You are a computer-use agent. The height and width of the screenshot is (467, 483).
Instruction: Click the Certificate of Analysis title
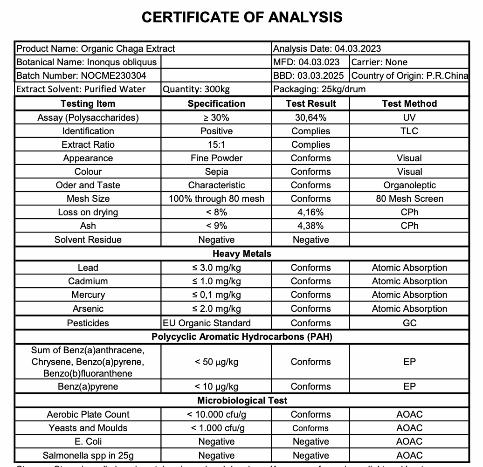point(242,17)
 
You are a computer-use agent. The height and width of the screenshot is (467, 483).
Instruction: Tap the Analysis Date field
point(327,48)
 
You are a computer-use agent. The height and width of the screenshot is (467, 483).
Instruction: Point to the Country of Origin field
point(410,76)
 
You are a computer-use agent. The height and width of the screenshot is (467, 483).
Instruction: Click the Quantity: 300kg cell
point(196,89)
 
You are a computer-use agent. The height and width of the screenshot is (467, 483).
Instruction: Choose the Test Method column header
point(409,103)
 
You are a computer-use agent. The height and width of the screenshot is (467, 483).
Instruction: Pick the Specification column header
point(216,103)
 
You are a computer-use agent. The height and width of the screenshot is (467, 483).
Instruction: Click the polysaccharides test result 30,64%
point(310,117)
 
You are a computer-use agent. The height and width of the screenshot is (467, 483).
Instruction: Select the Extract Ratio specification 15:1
point(216,144)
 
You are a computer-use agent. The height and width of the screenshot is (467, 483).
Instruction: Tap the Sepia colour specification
point(216,172)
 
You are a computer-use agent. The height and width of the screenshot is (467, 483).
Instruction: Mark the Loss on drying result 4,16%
point(310,212)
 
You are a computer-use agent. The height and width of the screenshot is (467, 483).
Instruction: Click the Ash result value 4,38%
point(310,226)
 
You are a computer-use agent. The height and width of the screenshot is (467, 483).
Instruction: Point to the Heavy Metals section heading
point(242,254)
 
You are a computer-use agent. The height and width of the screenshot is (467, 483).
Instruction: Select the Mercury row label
point(88,295)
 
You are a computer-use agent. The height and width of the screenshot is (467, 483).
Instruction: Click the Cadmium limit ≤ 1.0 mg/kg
point(216,281)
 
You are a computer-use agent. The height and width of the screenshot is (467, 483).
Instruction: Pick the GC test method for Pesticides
point(409,323)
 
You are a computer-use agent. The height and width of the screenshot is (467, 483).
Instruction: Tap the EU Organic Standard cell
point(207,323)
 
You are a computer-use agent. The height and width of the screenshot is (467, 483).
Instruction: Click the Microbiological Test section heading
point(242,400)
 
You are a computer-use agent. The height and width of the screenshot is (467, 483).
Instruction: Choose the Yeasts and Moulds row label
point(88,428)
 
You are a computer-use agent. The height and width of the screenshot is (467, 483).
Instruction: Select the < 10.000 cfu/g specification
point(216,414)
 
